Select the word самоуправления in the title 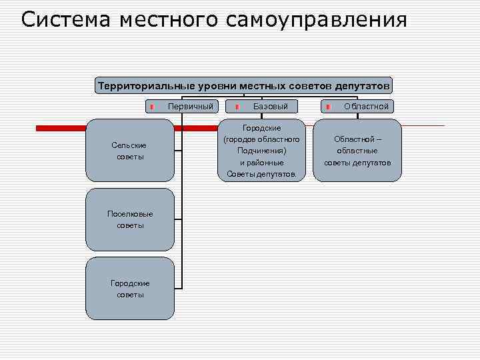(316, 20)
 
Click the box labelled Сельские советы (129, 151)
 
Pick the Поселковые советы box (129, 219)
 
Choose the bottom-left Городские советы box (129, 289)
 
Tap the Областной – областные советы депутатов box (357, 151)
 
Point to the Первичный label (191, 107)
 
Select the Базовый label (271, 107)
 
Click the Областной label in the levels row (366, 107)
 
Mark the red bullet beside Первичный (152, 107)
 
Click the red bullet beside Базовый (237, 107)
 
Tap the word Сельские (129, 145)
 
